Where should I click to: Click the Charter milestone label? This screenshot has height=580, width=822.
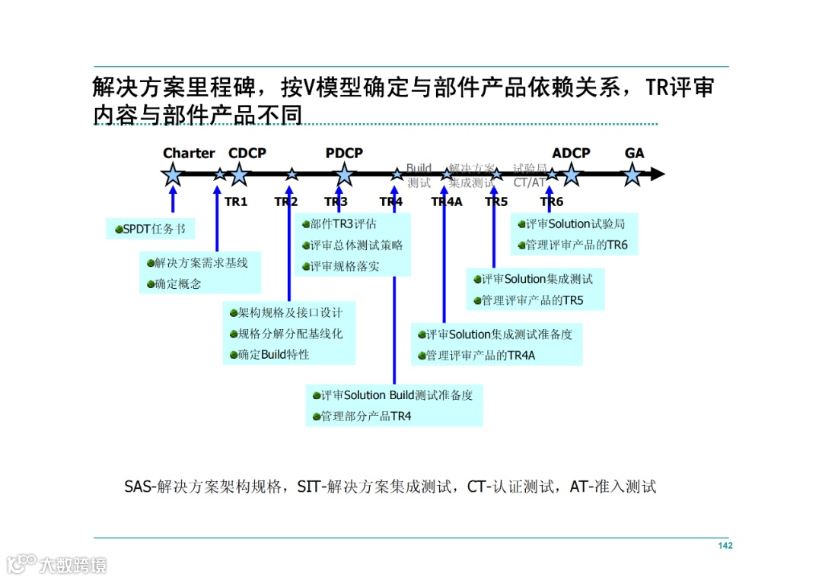[x=189, y=154]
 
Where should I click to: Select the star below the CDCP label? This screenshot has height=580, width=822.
[x=240, y=175]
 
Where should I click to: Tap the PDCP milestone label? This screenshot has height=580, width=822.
[x=344, y=154]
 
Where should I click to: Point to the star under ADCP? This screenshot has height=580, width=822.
[x=571, y=175]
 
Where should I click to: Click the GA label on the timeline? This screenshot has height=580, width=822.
[x=634, y=154]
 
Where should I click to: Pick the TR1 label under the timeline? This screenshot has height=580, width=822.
[x=236, y=202]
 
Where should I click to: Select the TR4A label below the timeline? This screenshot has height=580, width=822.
[x=447, y=202]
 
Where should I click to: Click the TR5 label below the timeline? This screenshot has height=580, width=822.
[x=496, y=202]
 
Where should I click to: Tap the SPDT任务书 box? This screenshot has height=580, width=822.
[x=150, y=229]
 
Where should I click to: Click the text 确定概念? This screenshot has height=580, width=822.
[x=178, y=284]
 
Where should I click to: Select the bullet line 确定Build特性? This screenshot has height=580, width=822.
[x=273, y=354]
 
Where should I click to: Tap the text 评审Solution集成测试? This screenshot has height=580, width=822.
[x=537, y=279]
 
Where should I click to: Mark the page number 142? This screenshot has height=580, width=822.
[x=725, y=546]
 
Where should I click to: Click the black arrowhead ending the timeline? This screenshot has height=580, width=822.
[x=658, y=175]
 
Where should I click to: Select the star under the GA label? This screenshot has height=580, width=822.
[x=632, y=175]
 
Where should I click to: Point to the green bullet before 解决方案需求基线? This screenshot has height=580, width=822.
[x=151, y=263]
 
